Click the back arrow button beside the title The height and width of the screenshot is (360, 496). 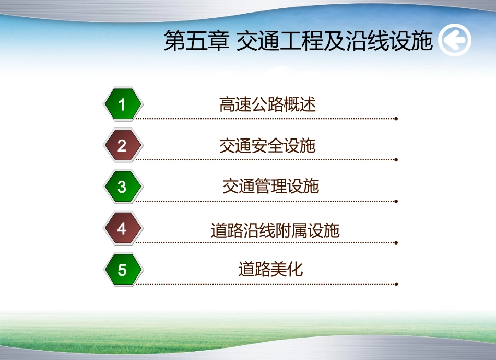(x=454, y=40)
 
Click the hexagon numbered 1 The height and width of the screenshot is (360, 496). (x=122, y=104)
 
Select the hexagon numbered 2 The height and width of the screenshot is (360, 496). (x=122, y=146)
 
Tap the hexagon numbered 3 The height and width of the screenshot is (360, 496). (x=122, y=187)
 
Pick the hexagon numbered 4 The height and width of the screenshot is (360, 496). (x=122, y=228)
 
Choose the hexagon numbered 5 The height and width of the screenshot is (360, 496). (x=122, y=270)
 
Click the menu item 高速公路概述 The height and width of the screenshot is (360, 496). (x=267, y=104)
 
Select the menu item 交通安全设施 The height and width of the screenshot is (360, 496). (x=267, y=146)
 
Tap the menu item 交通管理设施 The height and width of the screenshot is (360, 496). (x=270, y=186)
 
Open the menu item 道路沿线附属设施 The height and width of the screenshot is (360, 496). (x=275, y=230)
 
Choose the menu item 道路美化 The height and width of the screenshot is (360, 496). (x=270, y=270)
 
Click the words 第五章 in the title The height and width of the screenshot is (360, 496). (x=196, y=41)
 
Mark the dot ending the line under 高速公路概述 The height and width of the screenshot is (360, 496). (x=396, y=119)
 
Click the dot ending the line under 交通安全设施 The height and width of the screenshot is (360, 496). (x=396, y=160)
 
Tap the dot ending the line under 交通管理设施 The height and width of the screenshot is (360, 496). (x=396, y=201)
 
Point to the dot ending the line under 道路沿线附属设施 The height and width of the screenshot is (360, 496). (x=396, y=242)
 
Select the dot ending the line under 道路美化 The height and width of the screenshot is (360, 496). (x=396, y=284)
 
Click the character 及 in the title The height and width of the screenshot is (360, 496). (x=335, y=41)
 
